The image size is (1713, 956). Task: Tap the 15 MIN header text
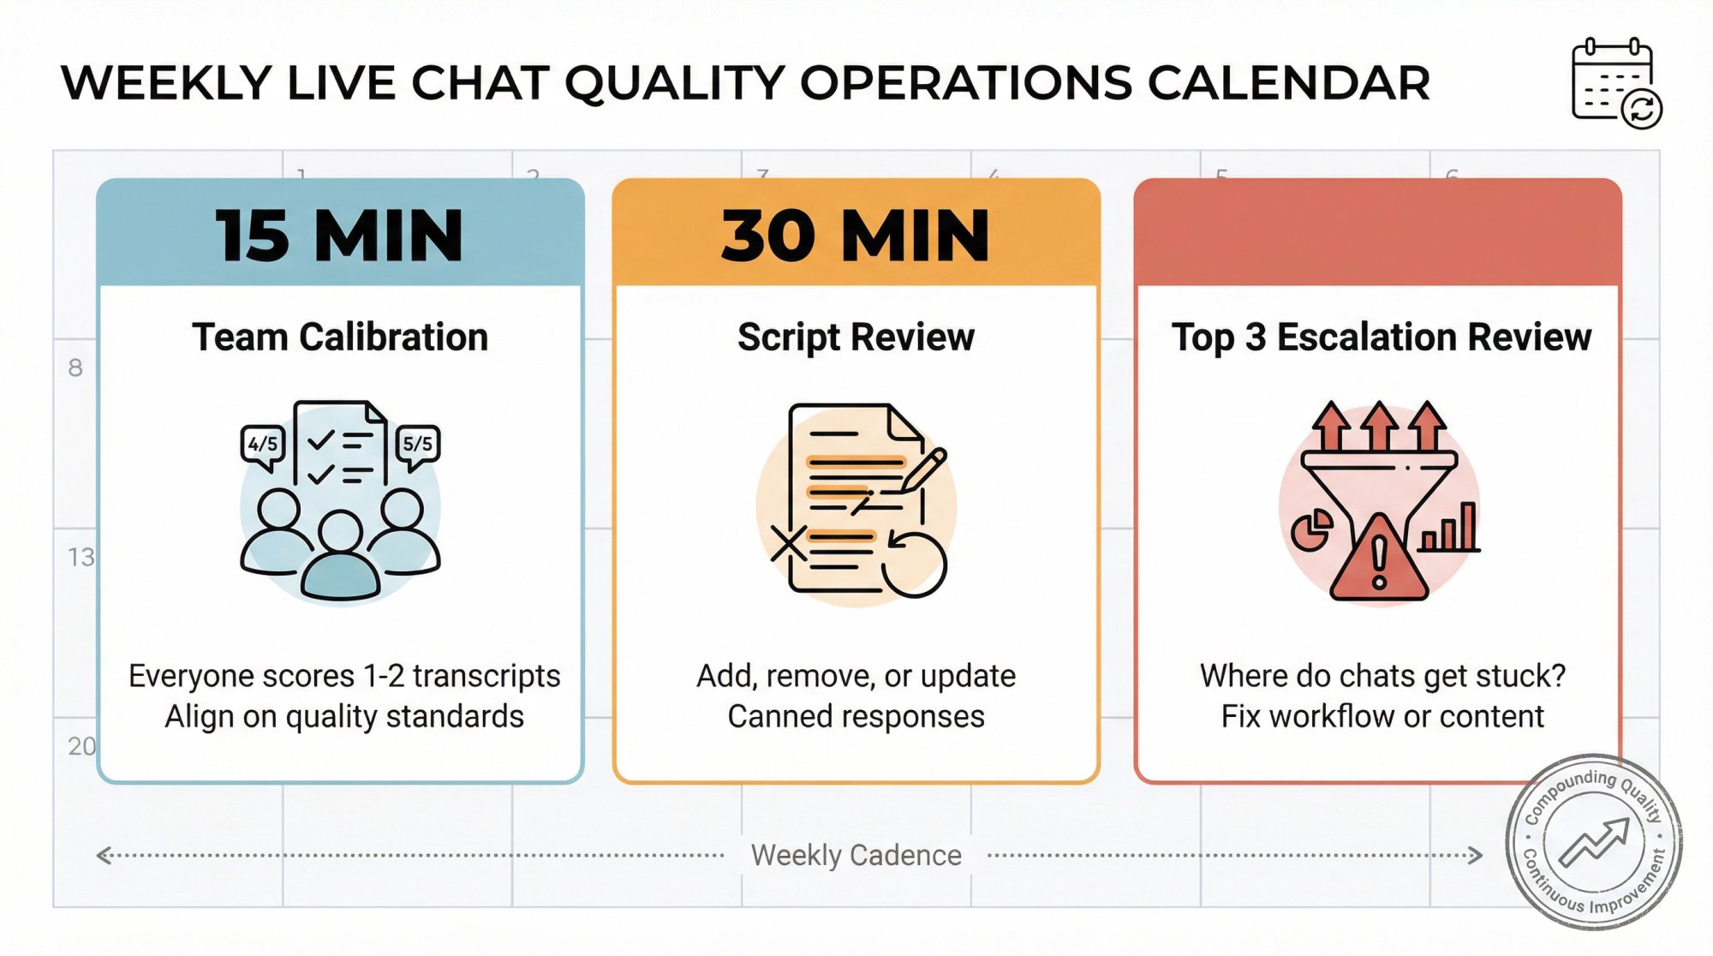339,236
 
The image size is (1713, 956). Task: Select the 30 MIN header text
855,236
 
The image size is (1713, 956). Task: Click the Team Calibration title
340,337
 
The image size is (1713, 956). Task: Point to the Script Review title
856,337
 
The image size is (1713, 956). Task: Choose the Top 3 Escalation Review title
1381,337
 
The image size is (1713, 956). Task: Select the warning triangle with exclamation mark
1379,561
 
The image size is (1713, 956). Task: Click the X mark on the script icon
788,543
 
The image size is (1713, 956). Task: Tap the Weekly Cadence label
856,855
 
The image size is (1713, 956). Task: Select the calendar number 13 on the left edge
81,558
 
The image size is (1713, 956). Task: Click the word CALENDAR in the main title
1288,83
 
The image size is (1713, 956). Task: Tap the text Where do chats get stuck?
1382,676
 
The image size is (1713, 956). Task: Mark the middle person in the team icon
340,557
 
